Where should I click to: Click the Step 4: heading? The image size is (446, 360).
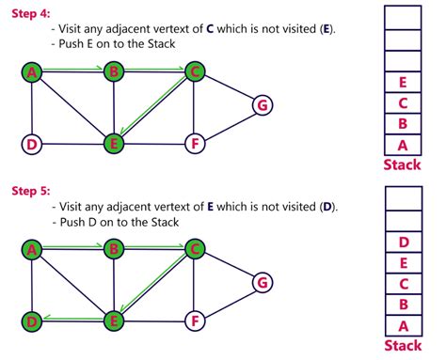(30, 12)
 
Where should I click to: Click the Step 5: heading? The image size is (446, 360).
(30, 190)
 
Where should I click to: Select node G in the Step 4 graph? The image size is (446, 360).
(263, 104)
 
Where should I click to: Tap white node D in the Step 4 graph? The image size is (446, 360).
(32, 144)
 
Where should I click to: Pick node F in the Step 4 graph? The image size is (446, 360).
(194, 144)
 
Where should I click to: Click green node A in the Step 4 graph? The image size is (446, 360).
(32, 71)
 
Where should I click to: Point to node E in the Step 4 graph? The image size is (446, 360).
(114, 144)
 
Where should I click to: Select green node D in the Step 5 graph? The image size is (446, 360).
(32, 321)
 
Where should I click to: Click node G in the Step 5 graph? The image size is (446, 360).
(263, 282)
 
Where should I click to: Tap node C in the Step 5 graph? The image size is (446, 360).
(194, 249)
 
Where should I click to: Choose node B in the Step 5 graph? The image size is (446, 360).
(114, 249)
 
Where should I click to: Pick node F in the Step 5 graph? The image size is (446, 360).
(194, 321)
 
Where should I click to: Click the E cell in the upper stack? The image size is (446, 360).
(403, 83)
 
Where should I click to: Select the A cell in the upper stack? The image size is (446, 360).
(403, 145)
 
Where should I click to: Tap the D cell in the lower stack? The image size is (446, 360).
(403, 242)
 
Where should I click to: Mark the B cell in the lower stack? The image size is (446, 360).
(403, 304)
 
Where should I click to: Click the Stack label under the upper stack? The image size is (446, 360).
(403, 166)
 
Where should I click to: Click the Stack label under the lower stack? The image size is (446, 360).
(403, 345)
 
